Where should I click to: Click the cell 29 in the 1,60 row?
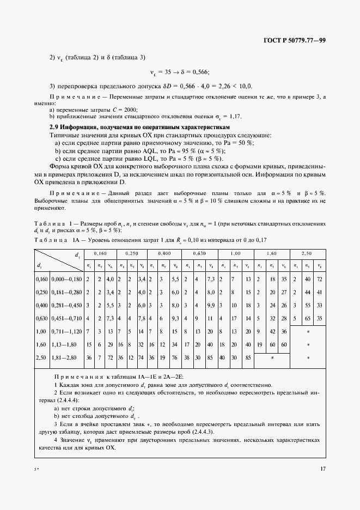point(109,345)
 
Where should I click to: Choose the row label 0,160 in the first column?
point(41,279)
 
